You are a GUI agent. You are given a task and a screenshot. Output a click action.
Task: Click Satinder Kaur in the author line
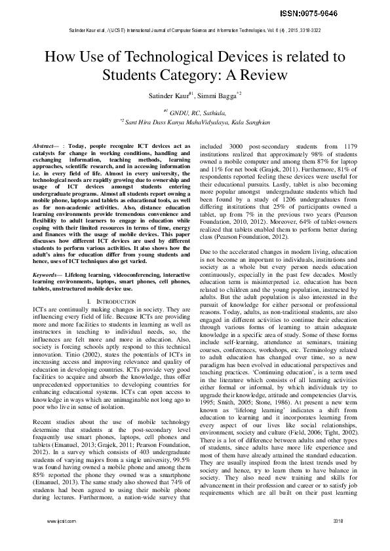tap(166, 95)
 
